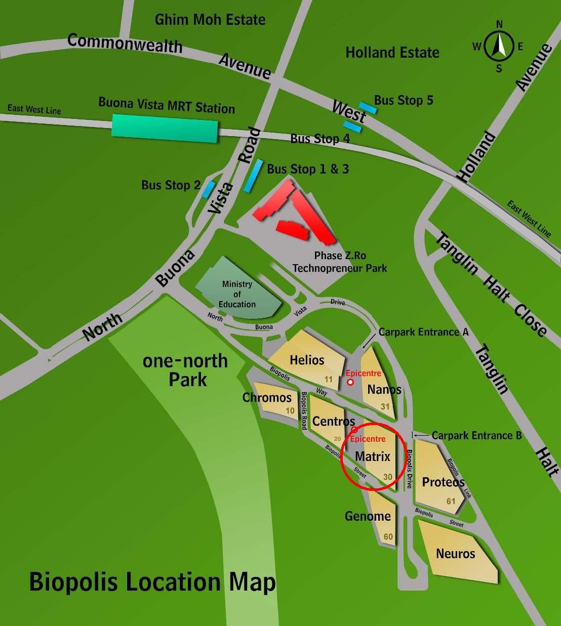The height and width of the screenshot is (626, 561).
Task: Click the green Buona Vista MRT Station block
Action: tap(165, 128)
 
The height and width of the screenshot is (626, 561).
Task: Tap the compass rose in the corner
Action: tap(499, 46)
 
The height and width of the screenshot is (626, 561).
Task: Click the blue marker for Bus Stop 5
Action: tap(367, 108)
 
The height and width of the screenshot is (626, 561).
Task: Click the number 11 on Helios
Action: tap(329, 379)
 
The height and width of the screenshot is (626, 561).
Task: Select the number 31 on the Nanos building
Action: tap(385, 406)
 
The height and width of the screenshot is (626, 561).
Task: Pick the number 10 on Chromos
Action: tap(290, 410)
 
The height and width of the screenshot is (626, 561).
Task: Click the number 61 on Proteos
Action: tap(451, 501)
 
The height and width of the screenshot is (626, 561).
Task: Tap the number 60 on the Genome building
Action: tap(388, 536)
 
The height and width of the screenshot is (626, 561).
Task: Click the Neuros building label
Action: tap(456, 554)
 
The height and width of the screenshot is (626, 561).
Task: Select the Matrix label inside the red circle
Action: tap(373, 456)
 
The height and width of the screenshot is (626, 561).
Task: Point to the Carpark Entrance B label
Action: tap(476, 435)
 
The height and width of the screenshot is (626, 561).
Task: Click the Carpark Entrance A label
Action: tap(424, 332)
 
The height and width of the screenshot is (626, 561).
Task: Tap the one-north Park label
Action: tap(186, 370)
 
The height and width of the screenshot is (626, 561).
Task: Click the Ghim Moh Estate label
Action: tap(210, 20)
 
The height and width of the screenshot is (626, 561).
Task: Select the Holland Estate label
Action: tap(392, 52)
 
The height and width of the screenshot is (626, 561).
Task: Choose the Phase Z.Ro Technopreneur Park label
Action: tap(340, 262)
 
